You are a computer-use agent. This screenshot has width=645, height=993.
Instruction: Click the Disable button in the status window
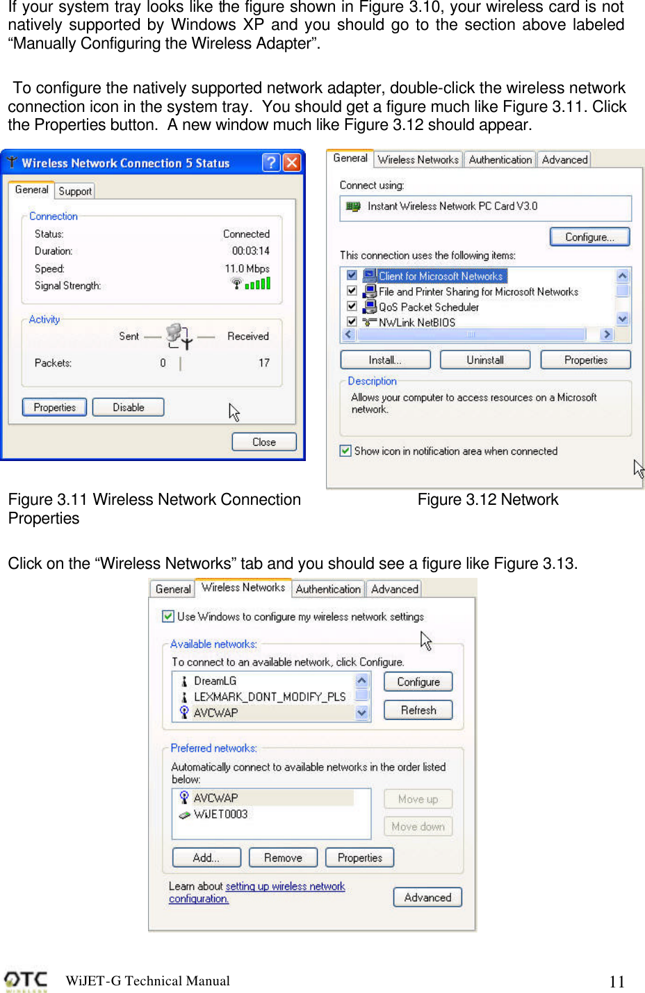(x=129, y=407)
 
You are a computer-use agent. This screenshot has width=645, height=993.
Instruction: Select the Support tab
(x=75, y=191)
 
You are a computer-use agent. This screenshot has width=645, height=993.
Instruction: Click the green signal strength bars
(x=258, y=284)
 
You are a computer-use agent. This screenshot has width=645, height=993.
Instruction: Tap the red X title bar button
(x=292, y=163)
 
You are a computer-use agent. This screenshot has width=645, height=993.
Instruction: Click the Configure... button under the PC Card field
(x=589, y=237)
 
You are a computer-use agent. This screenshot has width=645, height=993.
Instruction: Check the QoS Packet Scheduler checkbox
(x=352, y=307)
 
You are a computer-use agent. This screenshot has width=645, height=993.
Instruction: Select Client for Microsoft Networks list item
(x=440, y=276)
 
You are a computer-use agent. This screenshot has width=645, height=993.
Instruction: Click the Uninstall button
(x=485, y=360)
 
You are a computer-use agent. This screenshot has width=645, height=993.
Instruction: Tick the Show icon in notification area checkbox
(x=345, y=451)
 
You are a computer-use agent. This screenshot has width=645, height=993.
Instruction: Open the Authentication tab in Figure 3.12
(x=500, y=160)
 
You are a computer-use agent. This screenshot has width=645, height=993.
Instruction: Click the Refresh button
(x=418, y=710)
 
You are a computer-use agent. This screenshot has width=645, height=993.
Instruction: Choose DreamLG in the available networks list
(x=215, y=681)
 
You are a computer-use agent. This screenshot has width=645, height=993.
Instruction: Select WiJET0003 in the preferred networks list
(x=220, y=814)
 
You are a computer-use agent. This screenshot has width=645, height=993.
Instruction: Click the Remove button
(x=283, y=858)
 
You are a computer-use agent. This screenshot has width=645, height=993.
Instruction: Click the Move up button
(x=418, y=800)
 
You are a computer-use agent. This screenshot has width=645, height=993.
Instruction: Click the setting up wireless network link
(x=285, y=887)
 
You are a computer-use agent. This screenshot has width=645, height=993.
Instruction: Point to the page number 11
(x=617, y=981)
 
